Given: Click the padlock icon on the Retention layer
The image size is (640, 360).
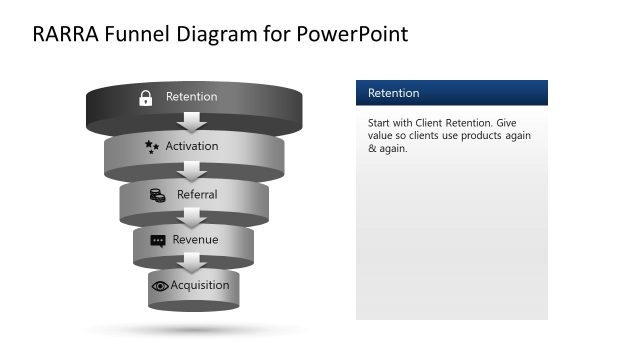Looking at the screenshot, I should (x=145, y=97).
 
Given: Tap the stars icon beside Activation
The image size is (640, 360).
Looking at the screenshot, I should (x=151, y=146).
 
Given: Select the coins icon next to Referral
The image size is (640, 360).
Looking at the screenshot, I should (x=157, y=195).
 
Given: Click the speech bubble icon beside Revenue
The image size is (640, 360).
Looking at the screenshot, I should (x=158, y=241).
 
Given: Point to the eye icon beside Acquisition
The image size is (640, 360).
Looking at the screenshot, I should (x=159, y=286).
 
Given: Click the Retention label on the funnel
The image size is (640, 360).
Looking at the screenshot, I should (x=191, y=97).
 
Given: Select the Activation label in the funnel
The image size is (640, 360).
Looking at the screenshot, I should (x=192, y=146).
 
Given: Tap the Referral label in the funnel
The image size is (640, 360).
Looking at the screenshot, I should (x=197, y=194).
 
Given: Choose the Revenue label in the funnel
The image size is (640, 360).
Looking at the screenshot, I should (x=195, y=240).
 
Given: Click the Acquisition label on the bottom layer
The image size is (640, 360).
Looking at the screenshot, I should (x=200, y=285).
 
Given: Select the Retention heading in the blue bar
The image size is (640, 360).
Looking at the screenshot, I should (x=394, y=93).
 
